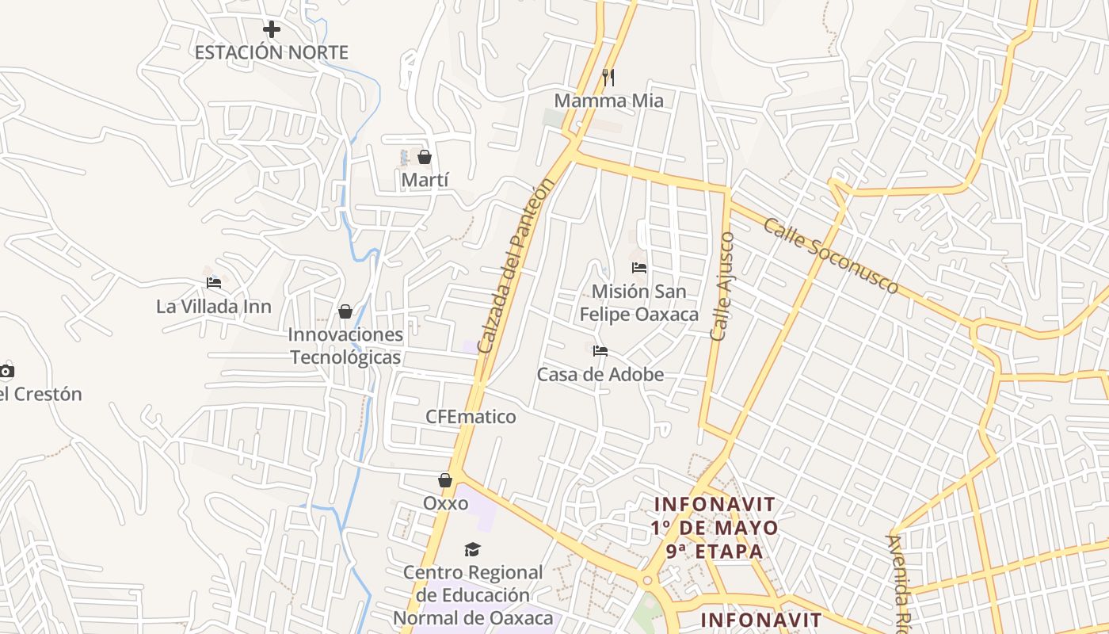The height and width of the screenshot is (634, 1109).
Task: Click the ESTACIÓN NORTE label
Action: click(271, 53)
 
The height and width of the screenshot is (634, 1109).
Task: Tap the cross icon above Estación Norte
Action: click(272, 30)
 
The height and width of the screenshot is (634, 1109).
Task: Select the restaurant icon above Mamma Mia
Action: click(608, 77)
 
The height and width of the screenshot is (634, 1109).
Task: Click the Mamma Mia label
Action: click(608, 101)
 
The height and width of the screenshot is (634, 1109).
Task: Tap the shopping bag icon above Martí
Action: click(425, 157)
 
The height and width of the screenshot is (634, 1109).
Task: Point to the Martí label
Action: click(425, 180)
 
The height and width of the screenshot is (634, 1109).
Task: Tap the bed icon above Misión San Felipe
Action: click(639, 268)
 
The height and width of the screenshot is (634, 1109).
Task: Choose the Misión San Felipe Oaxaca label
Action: click(639, 303)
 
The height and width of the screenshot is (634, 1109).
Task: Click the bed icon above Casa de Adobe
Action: click(600, 350)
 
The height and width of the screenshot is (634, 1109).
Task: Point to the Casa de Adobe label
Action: click(600, 374)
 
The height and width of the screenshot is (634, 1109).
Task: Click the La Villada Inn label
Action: click(214, 307)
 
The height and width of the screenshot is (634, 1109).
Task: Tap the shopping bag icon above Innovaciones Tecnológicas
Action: click(345, 311)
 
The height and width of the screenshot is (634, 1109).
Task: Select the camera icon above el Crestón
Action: click(6, 371)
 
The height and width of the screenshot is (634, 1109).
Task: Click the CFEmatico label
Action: click(471, 417)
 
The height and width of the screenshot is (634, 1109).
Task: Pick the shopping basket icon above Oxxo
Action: click(445, 480)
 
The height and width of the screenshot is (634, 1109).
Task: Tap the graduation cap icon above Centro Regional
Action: click(473, 549)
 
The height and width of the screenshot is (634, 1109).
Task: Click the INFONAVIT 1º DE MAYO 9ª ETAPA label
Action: click(715, 527)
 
